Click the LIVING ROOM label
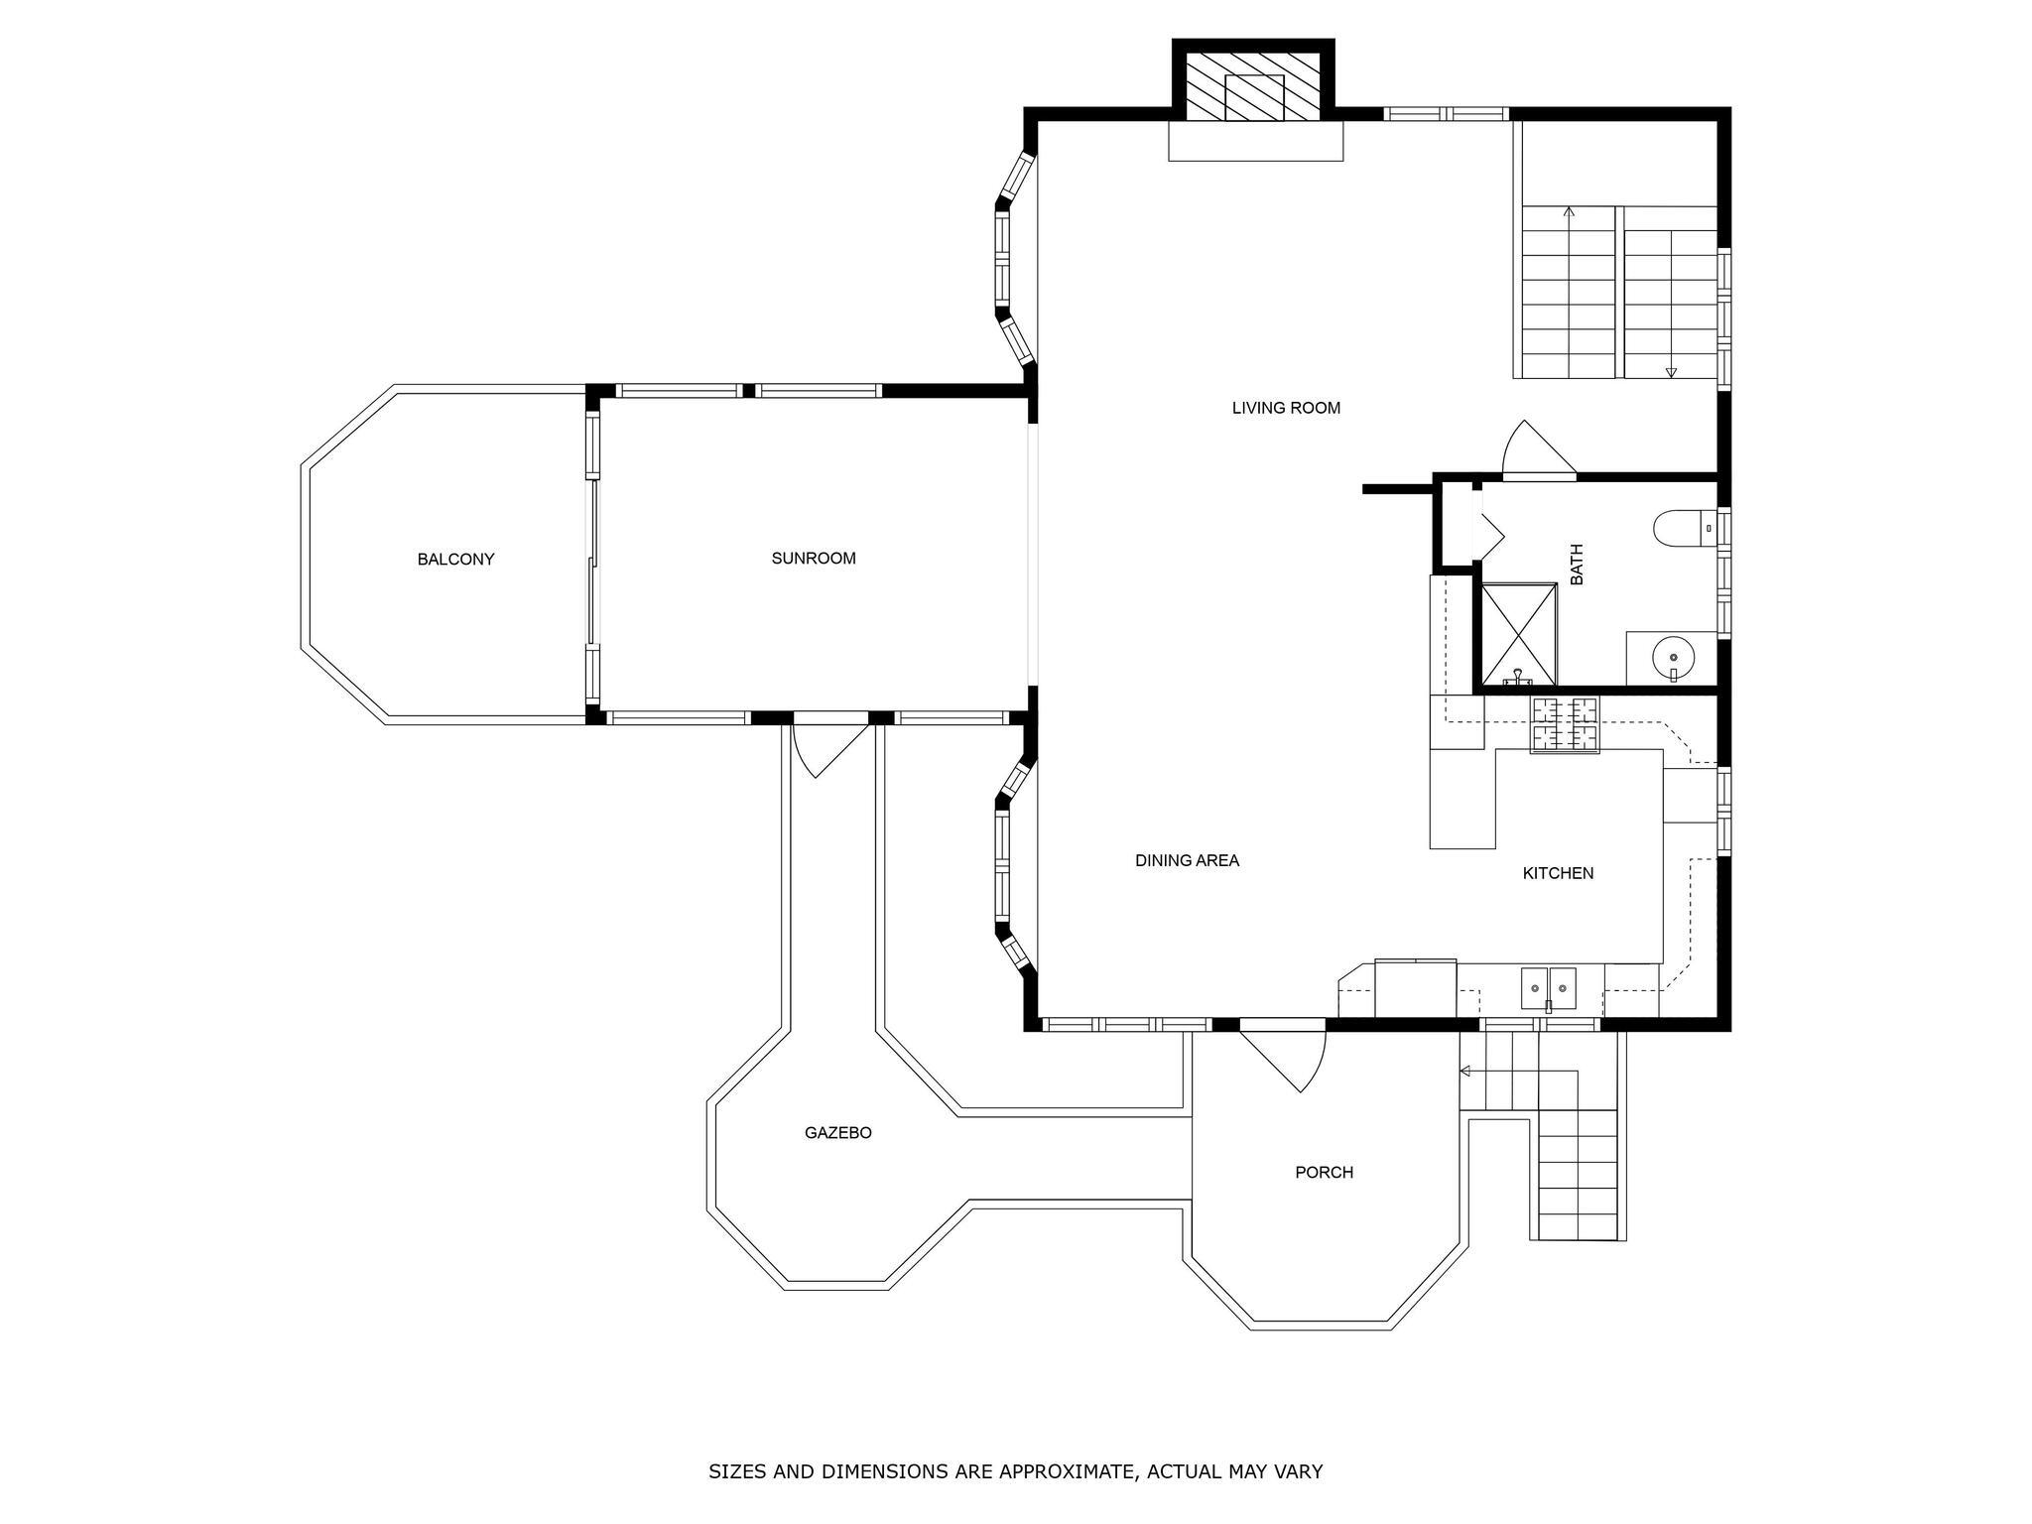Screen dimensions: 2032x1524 pos(1286,408)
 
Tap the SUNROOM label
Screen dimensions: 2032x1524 pos(814,559)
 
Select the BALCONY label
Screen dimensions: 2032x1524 pos(455,560)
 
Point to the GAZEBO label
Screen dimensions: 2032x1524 pos(838,1133)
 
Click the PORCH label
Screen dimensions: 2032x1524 pos(1324,1173)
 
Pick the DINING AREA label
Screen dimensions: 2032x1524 pos(1187,861)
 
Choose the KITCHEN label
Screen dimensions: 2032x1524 pos(1558,873)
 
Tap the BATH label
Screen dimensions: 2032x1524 pos(1577,564)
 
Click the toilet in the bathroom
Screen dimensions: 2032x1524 pos(1686,527)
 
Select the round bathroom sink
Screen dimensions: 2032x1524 pos(1674,657)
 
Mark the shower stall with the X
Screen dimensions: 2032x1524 pos(1518,634)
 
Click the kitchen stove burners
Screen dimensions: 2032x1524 pos(1565,724)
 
